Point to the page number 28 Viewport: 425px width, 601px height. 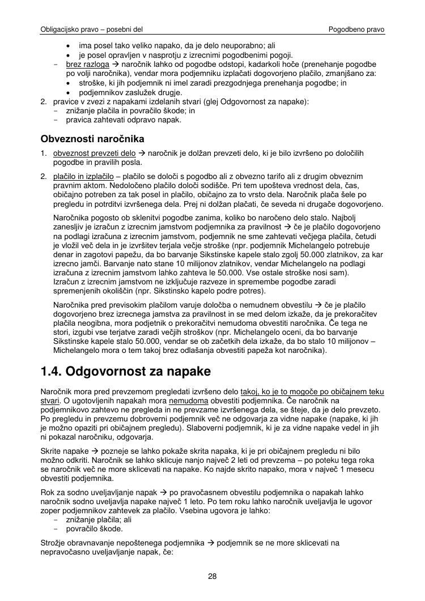click(x=212, y=577)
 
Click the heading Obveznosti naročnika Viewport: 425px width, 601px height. click(x=92, y=139)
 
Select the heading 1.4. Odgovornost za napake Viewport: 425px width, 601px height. click(x=126, y=372)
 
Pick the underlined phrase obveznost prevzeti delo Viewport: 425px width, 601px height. click(x=95, y=154)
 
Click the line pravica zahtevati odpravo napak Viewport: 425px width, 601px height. click(x=124, y=120)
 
